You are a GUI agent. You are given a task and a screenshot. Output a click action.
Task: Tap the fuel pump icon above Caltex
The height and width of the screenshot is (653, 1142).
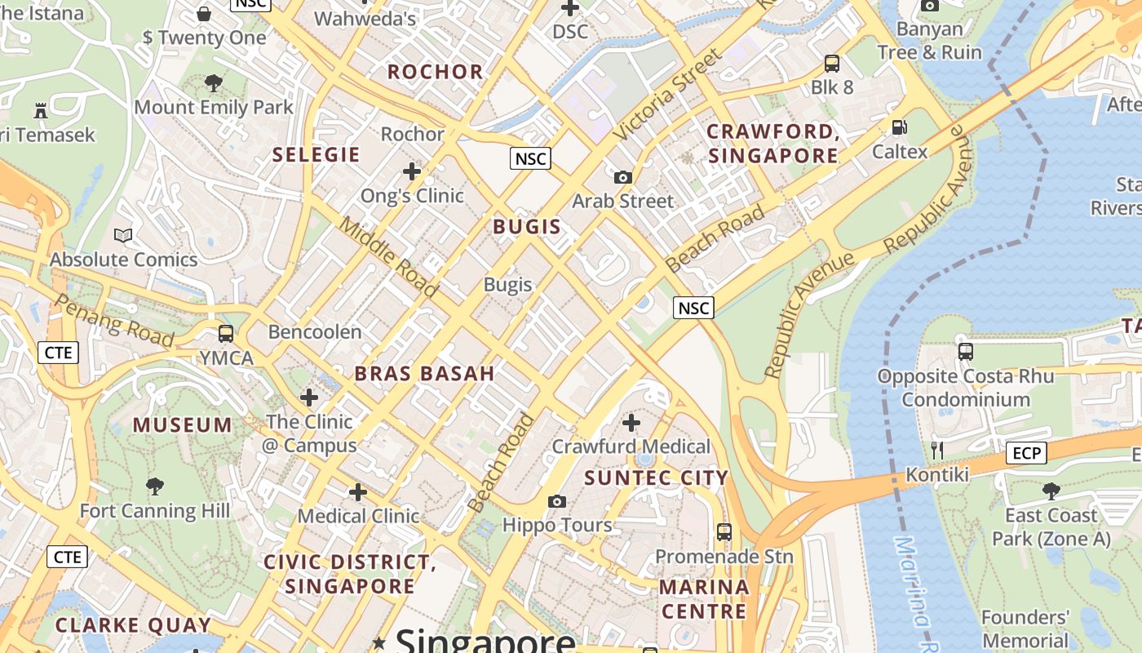point(899,127)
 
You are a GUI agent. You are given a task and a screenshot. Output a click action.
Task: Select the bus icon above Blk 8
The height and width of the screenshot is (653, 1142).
point(831,63)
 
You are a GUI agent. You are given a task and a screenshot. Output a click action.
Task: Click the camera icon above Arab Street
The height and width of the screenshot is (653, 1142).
point(622,177)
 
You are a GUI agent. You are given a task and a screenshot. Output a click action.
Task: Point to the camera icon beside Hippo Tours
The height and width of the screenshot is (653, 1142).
point(556,501)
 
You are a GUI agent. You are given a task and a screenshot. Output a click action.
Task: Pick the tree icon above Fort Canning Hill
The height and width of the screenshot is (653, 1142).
point(154,487)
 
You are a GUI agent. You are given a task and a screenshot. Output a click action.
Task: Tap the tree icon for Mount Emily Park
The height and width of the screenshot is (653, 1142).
point(213,82)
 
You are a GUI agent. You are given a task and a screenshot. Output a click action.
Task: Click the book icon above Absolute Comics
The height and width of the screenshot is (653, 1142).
point(123,236)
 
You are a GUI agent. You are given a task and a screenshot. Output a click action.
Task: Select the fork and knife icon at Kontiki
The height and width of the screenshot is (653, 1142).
point(936,451)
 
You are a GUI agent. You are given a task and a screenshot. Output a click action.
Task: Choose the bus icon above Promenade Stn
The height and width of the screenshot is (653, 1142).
point(724,532)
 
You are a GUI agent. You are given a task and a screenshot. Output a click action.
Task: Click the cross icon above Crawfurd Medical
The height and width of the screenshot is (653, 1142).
point(631,423)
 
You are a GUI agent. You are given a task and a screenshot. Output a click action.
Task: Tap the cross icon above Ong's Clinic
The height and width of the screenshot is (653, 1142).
point(412,171)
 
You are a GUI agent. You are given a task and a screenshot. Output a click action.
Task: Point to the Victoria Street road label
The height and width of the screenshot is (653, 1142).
point(668,94)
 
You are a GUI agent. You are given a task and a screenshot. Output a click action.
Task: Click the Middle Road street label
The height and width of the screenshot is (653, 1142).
point(388,256)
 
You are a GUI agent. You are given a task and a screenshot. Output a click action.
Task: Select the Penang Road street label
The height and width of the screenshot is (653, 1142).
point(113,320)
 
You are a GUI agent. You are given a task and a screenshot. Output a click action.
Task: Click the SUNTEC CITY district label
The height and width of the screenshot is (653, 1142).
point(656,478)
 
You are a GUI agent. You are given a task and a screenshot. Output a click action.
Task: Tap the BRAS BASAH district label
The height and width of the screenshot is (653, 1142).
point(424,374)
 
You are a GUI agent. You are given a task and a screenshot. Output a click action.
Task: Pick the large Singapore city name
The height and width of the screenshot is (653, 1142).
point(485,641)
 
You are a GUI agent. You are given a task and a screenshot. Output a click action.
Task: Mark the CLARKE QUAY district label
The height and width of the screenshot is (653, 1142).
point(133,625)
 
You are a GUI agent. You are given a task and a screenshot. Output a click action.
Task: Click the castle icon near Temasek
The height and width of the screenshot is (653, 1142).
point(40,110)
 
